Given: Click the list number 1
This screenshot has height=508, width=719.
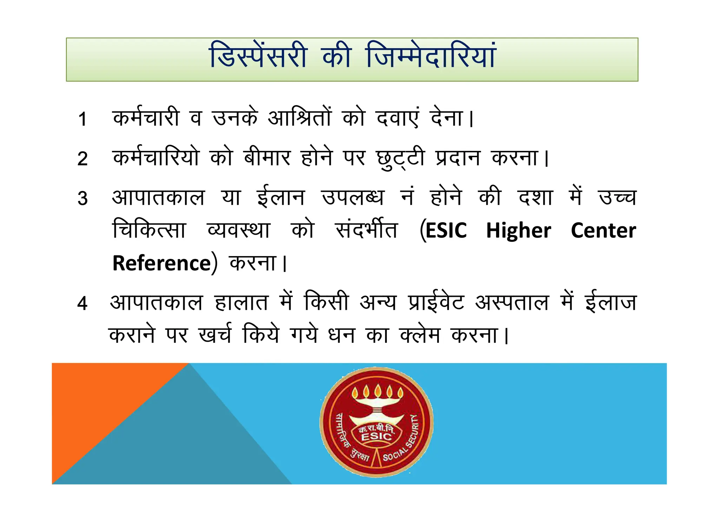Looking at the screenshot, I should click(x=83, y=119).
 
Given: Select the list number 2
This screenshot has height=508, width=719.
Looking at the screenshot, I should click(x=83, y=159).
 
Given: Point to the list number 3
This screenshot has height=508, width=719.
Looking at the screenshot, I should click(x=83, y=198).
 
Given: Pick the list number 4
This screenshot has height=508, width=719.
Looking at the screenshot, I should click(x=83, y=303).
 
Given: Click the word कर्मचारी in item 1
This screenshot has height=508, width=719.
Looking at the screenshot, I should click(x=146, y=118).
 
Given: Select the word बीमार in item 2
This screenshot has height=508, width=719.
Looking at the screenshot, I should click(x=267, y=158).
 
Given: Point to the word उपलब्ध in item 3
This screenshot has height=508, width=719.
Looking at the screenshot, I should click(x=353, y=198).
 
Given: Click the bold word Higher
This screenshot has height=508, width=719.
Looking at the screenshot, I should click(x=519, y=230).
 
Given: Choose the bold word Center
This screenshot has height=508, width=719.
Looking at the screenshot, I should click(x=603, y=230).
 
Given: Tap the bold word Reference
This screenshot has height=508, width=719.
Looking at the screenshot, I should click(x=161, y=263).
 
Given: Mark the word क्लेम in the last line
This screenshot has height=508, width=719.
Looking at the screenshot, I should click(x=420, y=335).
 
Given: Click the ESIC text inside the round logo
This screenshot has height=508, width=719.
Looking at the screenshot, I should click(x=376, y=436).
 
